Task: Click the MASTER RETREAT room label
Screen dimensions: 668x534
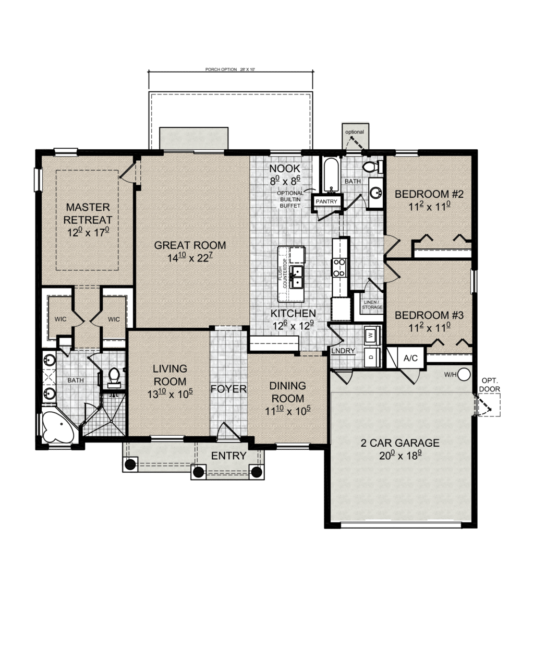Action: (88, 213)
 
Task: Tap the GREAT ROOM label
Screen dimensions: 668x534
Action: (190, 245)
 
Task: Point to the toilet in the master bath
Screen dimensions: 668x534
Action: (114, 377)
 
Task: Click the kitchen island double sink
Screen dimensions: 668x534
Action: (297, 277)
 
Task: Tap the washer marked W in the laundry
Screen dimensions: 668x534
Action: (370, 335)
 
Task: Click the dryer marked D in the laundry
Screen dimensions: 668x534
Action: (370, 357)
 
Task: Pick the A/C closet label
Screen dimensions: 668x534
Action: (411, 359)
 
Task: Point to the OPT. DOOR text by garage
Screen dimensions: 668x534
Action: (490, 385)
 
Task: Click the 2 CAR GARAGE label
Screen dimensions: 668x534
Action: (400, 443)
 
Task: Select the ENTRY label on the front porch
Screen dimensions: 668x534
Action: (228, 456)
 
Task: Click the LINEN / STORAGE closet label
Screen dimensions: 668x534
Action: (372, 305)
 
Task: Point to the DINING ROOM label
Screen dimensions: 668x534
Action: (287, 391)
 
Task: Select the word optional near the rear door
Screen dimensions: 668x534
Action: (354, 132)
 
